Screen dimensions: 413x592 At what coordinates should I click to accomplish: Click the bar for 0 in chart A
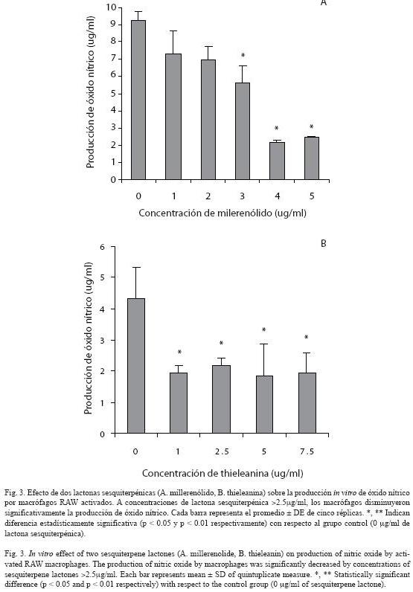point(138,100)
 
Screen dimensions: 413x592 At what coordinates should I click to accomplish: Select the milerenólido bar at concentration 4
point(277,161)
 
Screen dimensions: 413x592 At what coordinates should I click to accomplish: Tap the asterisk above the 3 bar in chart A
point(243,56)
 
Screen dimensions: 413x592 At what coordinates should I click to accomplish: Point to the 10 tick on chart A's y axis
point(112,7)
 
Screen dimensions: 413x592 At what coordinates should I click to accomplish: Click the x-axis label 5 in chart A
point(312,196)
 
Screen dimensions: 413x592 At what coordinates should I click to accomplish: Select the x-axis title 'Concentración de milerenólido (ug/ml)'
point(222,213)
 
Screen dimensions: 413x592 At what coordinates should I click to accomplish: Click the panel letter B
point(323,243)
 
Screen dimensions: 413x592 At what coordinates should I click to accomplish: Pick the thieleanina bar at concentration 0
point(136,366)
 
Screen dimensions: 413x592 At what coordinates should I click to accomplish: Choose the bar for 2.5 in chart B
point(222,399)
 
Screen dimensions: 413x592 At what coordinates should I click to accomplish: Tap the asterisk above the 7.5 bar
point(307,337)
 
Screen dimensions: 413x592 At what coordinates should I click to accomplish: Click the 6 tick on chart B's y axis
point(102,246)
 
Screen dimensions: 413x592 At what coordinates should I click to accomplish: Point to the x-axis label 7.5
point(307,451)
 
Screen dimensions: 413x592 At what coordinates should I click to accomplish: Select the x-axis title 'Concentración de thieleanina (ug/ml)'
point(222,473)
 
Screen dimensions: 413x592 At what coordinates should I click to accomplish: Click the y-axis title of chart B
point(88,338)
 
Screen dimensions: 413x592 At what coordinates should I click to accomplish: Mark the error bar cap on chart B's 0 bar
point(136,267)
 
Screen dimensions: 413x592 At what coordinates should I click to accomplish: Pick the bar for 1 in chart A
point(173,117)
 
